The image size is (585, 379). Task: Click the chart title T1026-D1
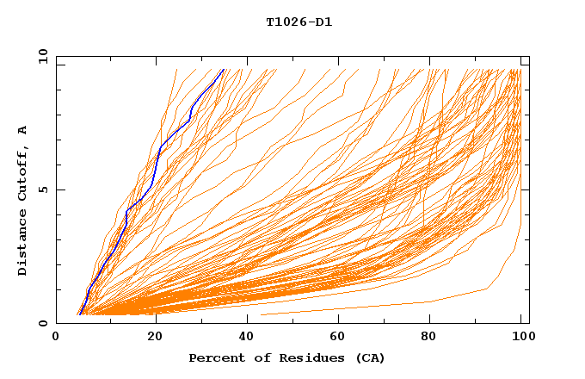point(299,22)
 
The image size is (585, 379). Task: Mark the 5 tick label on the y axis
point(40,189)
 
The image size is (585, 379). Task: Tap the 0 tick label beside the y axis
point(40,323)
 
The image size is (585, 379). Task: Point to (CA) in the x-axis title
point(370,357)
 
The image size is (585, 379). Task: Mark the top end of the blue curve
point(223,70)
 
